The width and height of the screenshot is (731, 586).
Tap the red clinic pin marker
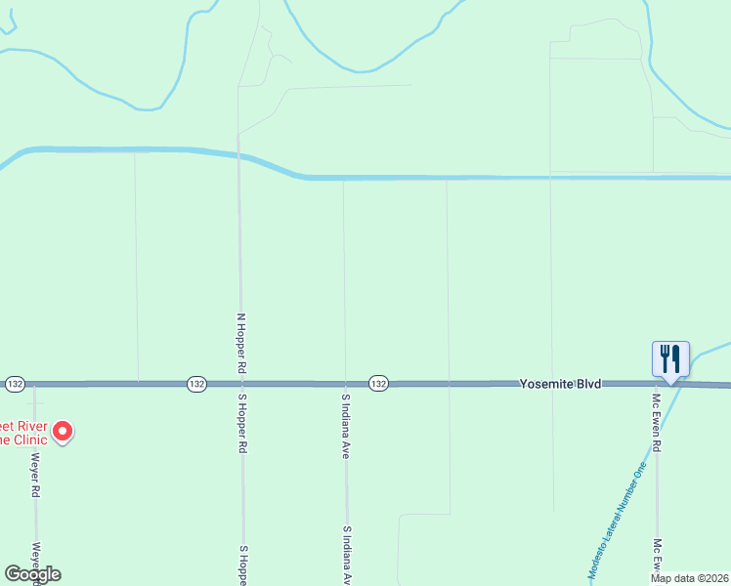(63, 431)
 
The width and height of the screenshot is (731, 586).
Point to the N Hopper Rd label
(240, 344)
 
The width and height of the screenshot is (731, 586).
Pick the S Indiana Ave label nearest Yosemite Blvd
(345, 427)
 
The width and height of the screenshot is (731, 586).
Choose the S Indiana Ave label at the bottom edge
(345, 556)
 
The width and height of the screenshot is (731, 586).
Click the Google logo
(32, 574)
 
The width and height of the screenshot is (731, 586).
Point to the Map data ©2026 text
(689, 578)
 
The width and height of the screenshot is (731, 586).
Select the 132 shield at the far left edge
(14, 384)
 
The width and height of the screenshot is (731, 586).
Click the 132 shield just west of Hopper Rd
(196, 385)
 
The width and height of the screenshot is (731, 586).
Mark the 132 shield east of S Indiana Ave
(378, 385)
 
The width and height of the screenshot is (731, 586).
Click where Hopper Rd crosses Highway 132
(240, 385)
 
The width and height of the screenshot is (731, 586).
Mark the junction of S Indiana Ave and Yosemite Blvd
(344, 385)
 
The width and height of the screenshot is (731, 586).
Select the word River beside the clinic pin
(29, 426)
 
